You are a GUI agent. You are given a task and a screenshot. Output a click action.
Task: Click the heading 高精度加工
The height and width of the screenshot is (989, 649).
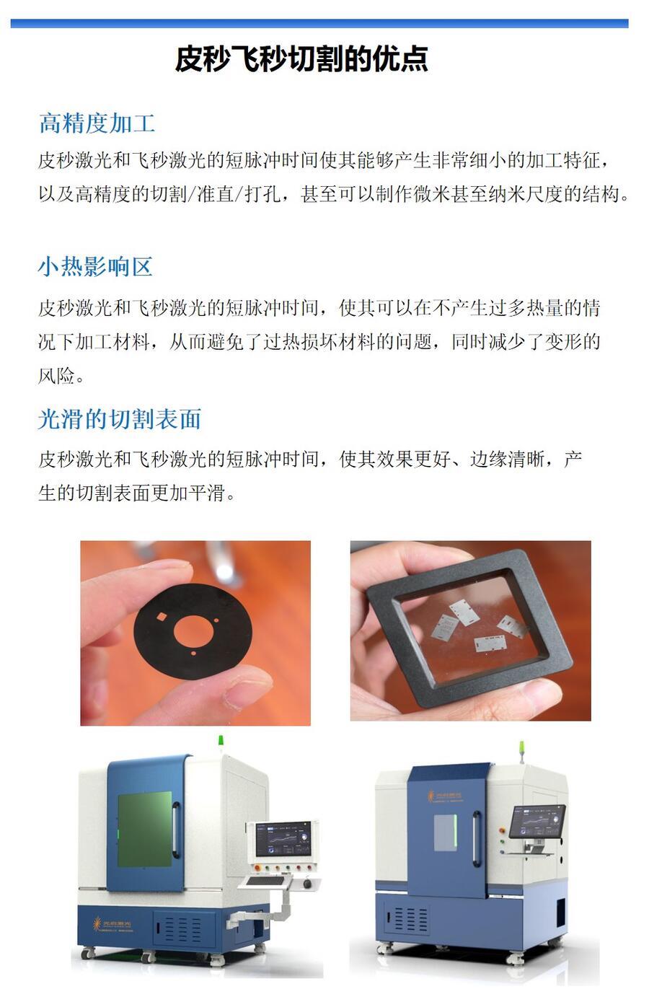pyautogui.click(x=97, y=123)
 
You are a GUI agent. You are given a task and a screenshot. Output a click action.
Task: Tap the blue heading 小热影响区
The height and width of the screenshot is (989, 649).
pyautogui.click(x=95, y=267)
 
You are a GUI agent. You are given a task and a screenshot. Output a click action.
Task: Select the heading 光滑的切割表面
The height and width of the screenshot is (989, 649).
pyautogui.click(x=120, y=418)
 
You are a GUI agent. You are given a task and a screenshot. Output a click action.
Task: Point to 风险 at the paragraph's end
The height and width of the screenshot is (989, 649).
pyautogui.click(x=56, y=376)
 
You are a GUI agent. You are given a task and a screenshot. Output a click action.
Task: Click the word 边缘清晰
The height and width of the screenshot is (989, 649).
pyautogui.click(x=507, y=460)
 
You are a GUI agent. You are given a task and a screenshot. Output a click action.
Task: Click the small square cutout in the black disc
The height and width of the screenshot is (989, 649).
pyautogui.click(x=162, y=616)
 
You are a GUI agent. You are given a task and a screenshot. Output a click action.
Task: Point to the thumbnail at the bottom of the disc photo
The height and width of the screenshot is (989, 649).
pyautogui.click(x=248, y=692)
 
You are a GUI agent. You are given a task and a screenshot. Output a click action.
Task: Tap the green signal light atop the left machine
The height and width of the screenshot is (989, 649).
pyautogui.click(x=221, y=741)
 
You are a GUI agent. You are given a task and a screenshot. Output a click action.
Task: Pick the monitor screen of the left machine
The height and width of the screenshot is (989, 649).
pyautogui.click(x=283, y=838)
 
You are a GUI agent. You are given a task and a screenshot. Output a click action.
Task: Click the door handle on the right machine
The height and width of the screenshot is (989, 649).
pyautogui.click(x=477, y=838)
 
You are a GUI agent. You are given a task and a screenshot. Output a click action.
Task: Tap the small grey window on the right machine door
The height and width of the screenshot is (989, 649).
pyautogui.click(x=445, y=832)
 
